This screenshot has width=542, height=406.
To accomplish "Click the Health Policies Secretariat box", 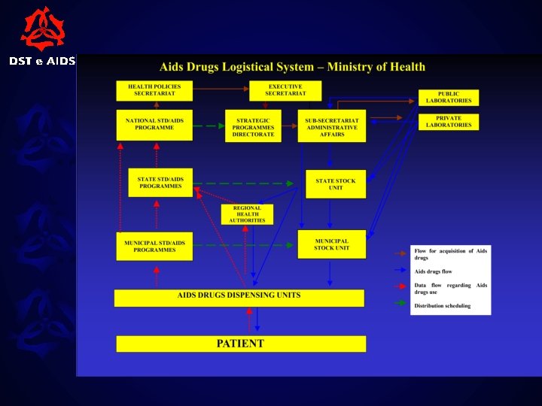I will pos(154,90).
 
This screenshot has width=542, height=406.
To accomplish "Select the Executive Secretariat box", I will pos(285,90).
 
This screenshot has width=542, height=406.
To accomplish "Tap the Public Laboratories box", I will pos(449,98).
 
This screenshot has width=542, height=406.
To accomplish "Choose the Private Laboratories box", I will pos(449,122).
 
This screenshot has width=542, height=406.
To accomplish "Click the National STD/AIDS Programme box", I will pos(154,125).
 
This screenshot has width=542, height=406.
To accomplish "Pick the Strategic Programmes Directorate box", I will pos(253,126).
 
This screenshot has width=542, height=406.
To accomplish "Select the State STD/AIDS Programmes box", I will pos(160,183).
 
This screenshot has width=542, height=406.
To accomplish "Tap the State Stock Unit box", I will pos(335,184).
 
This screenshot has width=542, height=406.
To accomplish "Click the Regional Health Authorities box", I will pos(247,214).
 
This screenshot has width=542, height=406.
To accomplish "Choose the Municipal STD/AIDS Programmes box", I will pos(154,246).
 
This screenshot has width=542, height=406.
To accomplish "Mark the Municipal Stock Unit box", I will pos(331,244).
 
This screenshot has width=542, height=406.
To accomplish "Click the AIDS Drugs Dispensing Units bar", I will pos(239,298).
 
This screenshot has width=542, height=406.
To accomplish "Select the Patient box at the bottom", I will pos(241,344).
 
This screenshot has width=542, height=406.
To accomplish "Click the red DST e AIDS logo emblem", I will pos(42,29).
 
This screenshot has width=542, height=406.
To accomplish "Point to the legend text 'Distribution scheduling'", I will pos(442,306).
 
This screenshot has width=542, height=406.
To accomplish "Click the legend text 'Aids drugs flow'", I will pos(433,271).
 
